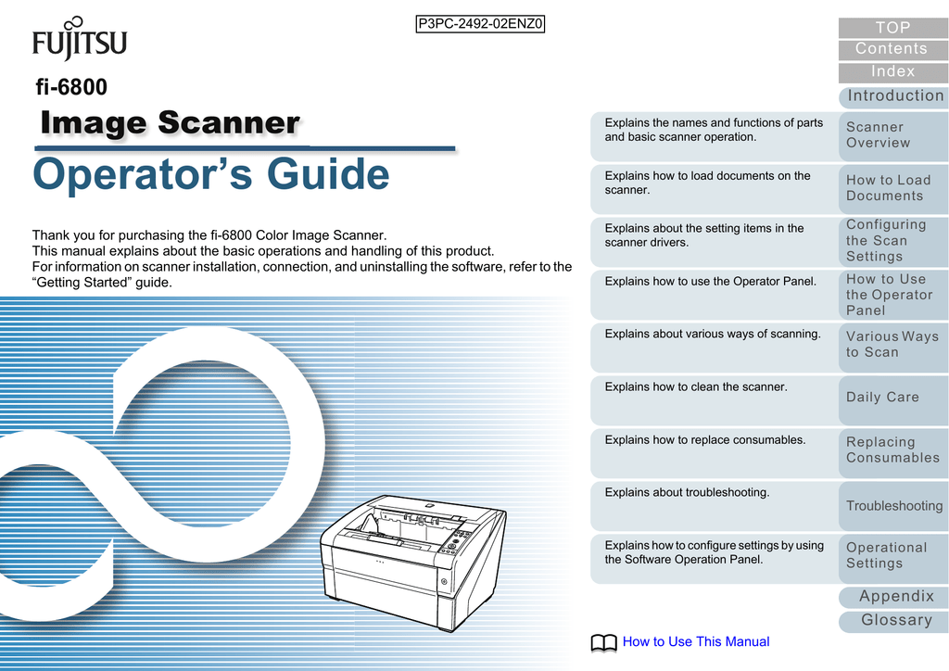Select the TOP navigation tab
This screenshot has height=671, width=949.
click(892, 28)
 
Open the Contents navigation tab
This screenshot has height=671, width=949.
click(892, 49)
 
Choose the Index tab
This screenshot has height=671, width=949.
click(892, 71)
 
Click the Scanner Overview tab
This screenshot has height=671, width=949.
click(892, 135)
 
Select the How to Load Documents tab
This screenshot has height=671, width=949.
click(892, 188)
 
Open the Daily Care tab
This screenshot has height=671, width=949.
click(892, 398)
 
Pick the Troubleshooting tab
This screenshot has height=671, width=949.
click(893, 506)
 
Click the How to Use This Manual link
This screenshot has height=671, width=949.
click(696, 641)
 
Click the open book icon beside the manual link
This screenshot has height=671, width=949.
click(602, 642)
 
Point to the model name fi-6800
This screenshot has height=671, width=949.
click(70, 88)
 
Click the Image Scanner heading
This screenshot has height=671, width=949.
click(171, 122)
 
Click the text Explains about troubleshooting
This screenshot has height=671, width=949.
click(687, 493)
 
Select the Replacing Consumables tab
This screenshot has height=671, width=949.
click(892, 450)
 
